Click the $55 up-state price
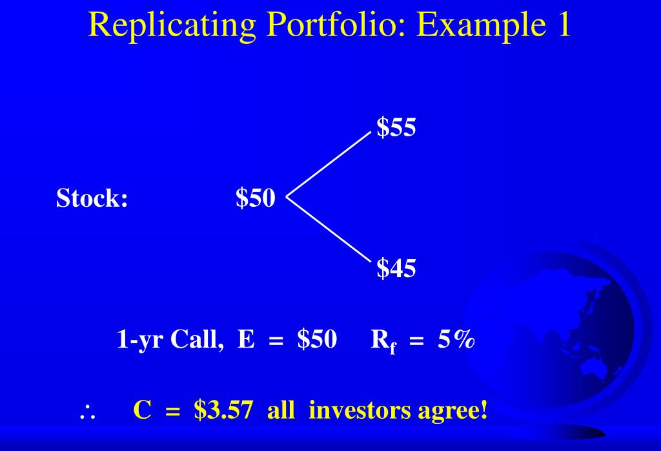[x=396, y=128]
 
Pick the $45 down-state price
[x=396, y=268]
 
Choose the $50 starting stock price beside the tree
[x=256, y=198]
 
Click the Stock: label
[x=92, y=198]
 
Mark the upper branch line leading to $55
[x=329, y=163]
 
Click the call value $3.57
[x=222, y=410]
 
